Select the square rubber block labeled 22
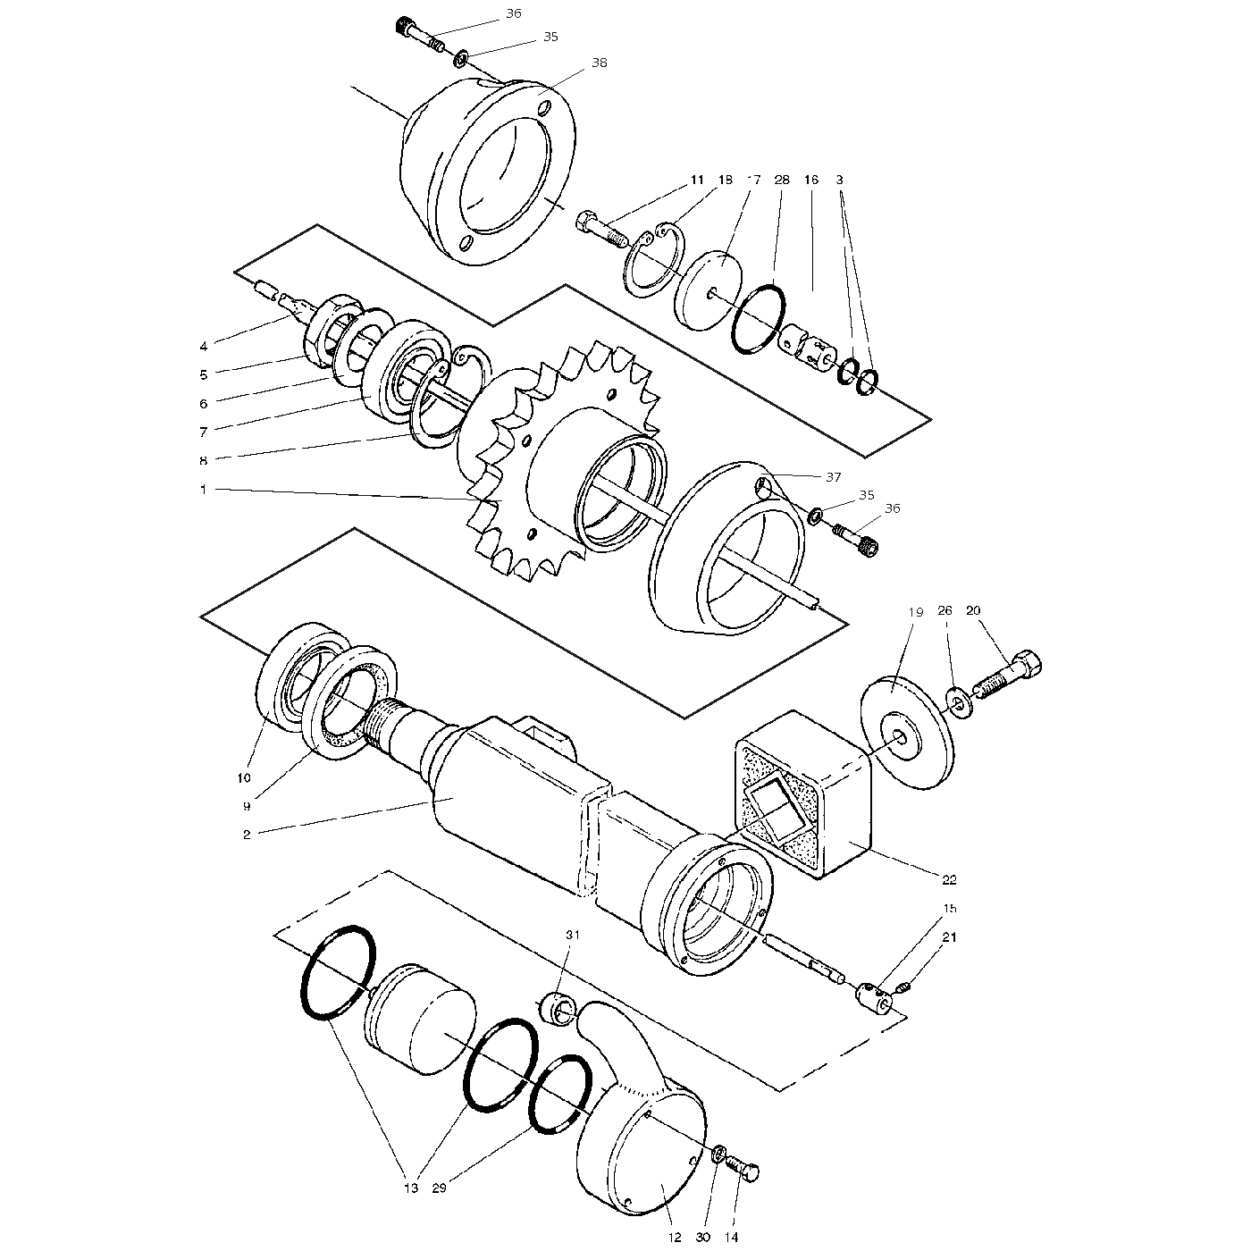[804, 804]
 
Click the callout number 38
[599, 63]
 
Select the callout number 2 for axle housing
[247, 835]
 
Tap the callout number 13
[411, 1188]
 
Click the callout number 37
[833, 477]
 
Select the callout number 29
[439, 1188]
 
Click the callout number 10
[244, 777]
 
